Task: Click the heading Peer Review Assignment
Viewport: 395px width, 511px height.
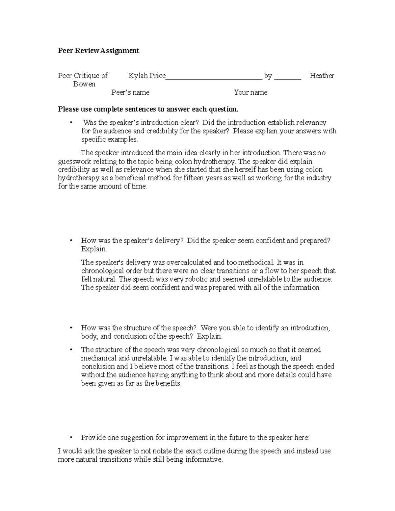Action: coord(98,51)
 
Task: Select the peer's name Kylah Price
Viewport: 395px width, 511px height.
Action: coord(147,76)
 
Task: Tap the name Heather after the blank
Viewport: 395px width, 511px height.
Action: coord(322,76)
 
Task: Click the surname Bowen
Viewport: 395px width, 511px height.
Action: coord(84,84)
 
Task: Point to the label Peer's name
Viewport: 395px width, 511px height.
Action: coord(130,92)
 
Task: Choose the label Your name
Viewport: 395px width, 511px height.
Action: coord(250,92)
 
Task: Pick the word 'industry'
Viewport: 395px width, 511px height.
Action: coord(318,178)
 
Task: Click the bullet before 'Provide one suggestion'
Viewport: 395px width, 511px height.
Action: coord(71,438)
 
